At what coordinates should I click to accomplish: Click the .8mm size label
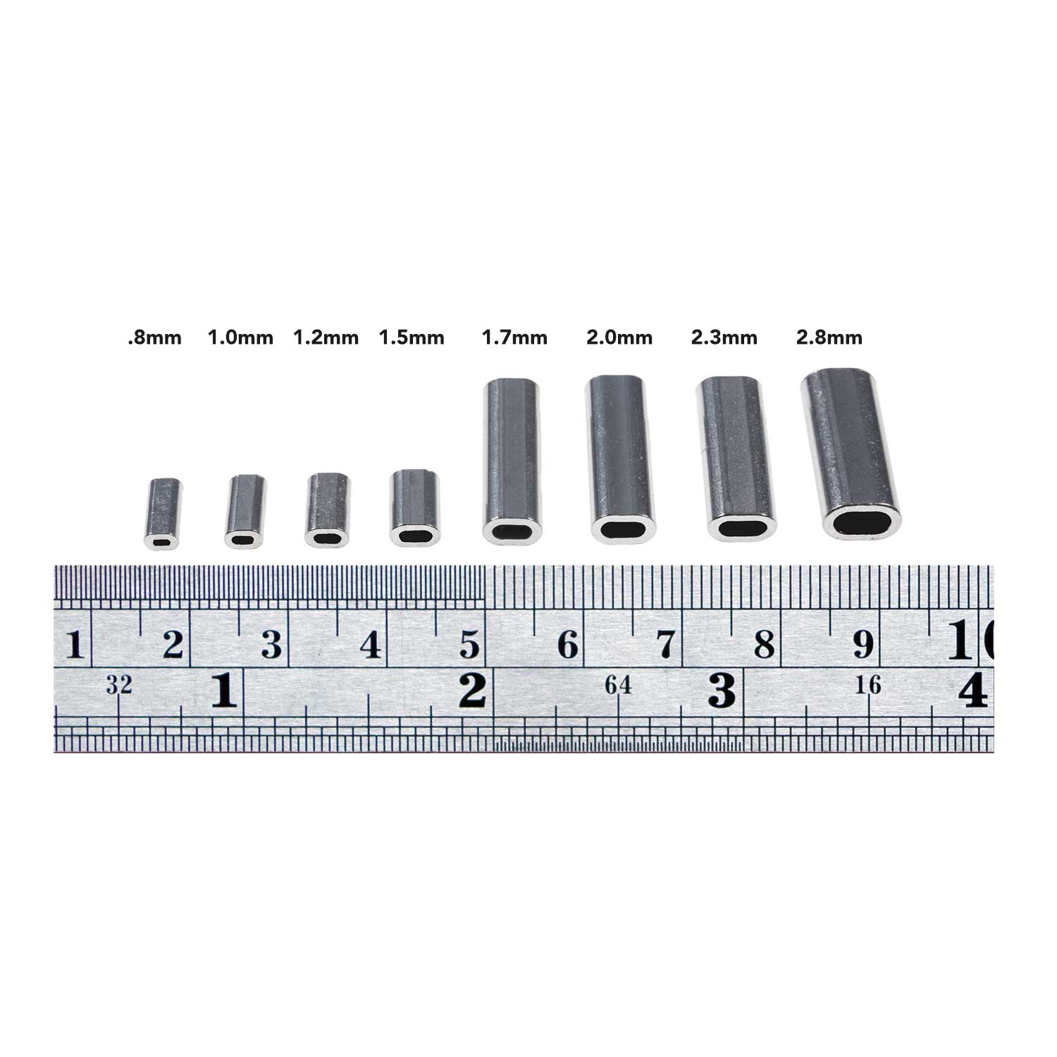pos(154,338)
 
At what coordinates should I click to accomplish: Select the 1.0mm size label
pos(240,338)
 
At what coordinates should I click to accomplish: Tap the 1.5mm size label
pos(412,338)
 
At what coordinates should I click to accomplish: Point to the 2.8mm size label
pos(829,338)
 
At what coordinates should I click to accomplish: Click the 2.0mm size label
pos(619,338)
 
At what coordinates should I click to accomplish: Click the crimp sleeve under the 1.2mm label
pos(327,510)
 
